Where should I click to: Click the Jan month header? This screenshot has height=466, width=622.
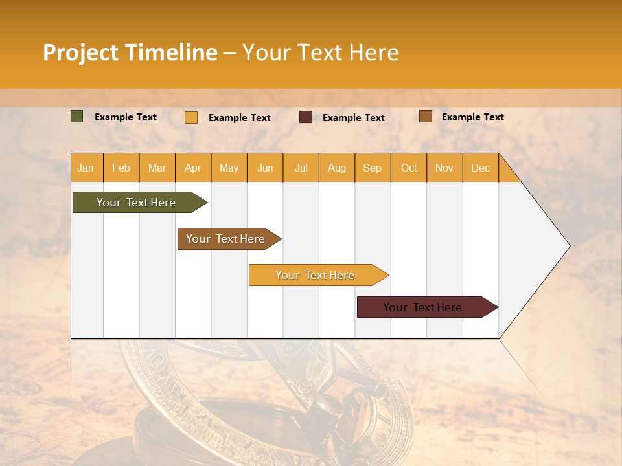86,168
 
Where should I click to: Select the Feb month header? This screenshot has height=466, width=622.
121,168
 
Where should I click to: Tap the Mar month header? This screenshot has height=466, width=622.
157,168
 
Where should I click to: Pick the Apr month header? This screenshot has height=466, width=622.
192,168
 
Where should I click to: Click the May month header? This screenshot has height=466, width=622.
229,168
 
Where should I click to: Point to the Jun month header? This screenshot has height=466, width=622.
265,168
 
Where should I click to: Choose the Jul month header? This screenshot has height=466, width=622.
301,168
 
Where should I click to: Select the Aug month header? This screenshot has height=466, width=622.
336,168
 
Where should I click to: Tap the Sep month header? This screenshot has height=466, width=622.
372,168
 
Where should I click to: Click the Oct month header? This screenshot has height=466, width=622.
409,168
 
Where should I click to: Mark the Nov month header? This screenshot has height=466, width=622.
444,168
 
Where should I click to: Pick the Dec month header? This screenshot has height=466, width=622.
480,168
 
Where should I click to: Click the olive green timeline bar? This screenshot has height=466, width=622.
136,203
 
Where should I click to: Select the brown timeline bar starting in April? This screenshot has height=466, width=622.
225,239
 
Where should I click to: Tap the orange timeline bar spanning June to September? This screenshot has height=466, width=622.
315,275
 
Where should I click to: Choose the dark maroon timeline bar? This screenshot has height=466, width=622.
422,307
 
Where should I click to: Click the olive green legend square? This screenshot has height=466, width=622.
77,116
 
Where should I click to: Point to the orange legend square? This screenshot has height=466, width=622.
191,117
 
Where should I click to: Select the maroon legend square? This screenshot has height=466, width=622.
306,117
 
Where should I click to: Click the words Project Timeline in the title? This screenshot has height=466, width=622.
130,52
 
